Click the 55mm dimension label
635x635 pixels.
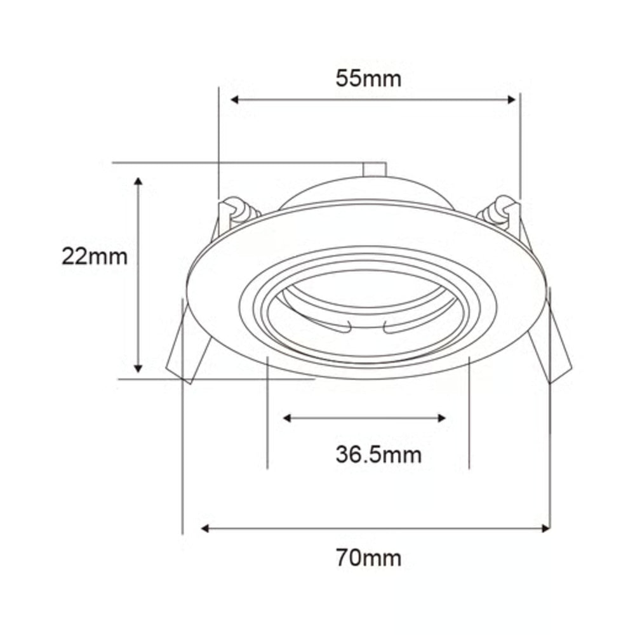point(368,78)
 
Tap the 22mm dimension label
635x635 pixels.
point(95,257)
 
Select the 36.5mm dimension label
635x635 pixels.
point(378,455)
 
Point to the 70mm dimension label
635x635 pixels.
point(368,558)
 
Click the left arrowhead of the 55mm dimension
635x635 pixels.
point(234,100)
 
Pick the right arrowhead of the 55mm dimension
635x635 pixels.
point(512,100)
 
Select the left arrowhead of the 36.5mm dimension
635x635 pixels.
point(287,418)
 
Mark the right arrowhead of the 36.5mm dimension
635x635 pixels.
point(441,418)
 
